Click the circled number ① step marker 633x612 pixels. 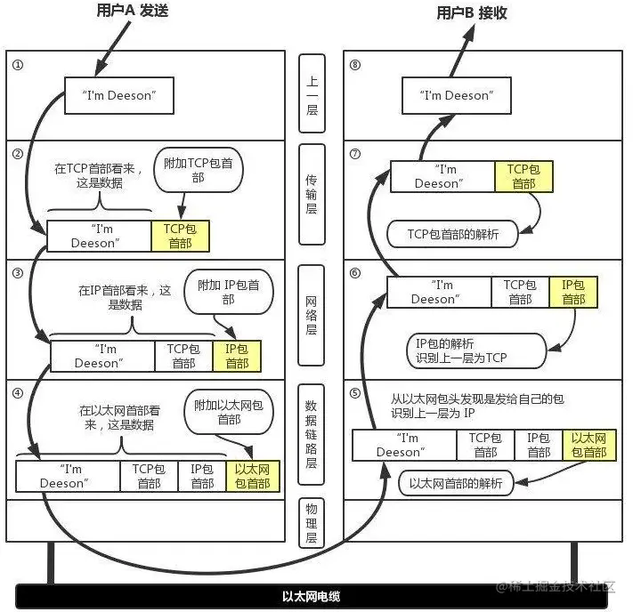(x=17, y=65)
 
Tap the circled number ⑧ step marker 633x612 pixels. (x=355, y=65)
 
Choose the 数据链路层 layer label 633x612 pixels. (x=312, y=436)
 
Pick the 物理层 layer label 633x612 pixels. (x=312, y=524)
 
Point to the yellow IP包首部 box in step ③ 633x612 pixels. (x=237, y=356)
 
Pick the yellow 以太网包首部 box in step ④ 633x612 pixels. (x=253, y=476)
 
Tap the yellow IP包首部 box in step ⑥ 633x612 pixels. (x=573, y=292)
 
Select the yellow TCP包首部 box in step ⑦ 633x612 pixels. (x=523, y=176)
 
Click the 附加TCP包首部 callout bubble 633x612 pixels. (x=198, y=171)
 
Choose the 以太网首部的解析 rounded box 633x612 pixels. (x=456, y=485)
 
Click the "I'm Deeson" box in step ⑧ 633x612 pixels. (x=455, y=96)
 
